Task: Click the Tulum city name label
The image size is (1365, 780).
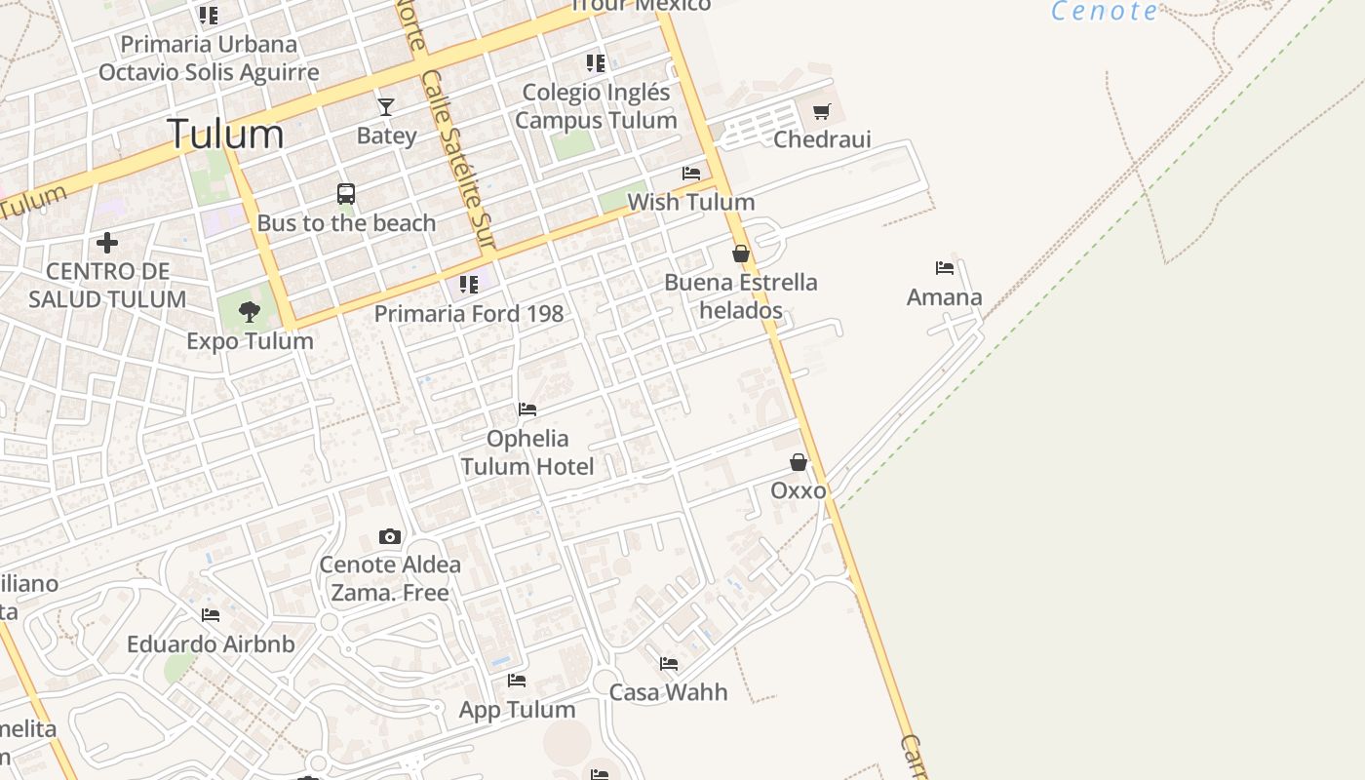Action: coord(225,134)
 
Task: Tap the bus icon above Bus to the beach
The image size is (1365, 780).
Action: coord(346,194)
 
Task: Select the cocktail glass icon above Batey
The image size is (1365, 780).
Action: coord(386,106)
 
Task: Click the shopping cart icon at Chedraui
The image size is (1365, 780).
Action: coord(822,112)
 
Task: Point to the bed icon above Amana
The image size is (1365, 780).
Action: coord(944,268)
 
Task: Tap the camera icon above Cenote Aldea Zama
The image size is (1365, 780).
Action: coord(390,536)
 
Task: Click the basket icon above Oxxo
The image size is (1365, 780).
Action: coord(799,462)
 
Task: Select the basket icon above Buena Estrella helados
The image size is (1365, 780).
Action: coord(741,254)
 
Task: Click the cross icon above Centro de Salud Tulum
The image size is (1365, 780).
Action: coord(107,242)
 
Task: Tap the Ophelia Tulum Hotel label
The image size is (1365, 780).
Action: coord(527,452)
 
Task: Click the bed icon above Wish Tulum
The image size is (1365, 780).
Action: coord(691,174)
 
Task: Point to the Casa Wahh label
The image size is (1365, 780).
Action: coord(668,692)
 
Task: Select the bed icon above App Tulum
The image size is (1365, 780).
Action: coord(517,681)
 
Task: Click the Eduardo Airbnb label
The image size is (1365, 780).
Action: coord(211,644)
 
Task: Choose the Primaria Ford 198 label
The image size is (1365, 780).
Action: coord(469,314)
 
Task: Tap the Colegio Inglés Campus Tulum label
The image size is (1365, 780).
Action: coord(596,106)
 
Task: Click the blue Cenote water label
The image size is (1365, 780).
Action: coord(1105,12)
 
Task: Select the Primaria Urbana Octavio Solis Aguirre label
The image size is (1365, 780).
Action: coord(209,58)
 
